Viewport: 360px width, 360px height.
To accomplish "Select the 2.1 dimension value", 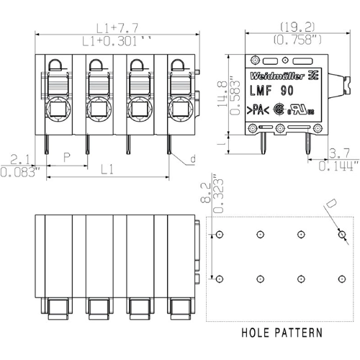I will click(19, 159).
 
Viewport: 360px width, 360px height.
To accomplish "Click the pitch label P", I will click(67, 157).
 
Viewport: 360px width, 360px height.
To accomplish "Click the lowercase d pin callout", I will click(192, 158).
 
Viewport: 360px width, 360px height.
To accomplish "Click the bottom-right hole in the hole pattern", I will click(341, 278).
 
